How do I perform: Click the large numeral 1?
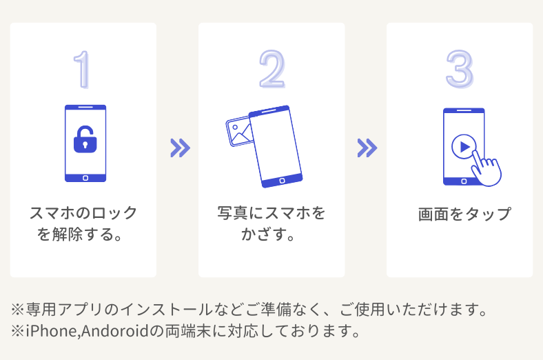pyautogui.click(x=83, y=69)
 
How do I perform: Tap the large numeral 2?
pyautogui.click(x=271, y=69)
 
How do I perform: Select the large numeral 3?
pyautogui.click(x=460, y=69)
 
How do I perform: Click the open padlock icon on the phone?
pyautogui.click(x=85, y=139)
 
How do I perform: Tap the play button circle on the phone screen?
pyautogui.click(x=463, y=146)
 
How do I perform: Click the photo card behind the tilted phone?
pyautogui.click(x=238, y=132)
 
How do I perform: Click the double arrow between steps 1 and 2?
pyautogui.click(x=179, y=148)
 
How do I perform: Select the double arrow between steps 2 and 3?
pyautogui.click(x=367, y=148)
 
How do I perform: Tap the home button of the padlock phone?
pyautogui.click(x=85, y=177)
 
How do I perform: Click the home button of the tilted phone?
pyautogui.click(x=282, y=180)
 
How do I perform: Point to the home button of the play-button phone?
pyautogui.click(x=463, y=181)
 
